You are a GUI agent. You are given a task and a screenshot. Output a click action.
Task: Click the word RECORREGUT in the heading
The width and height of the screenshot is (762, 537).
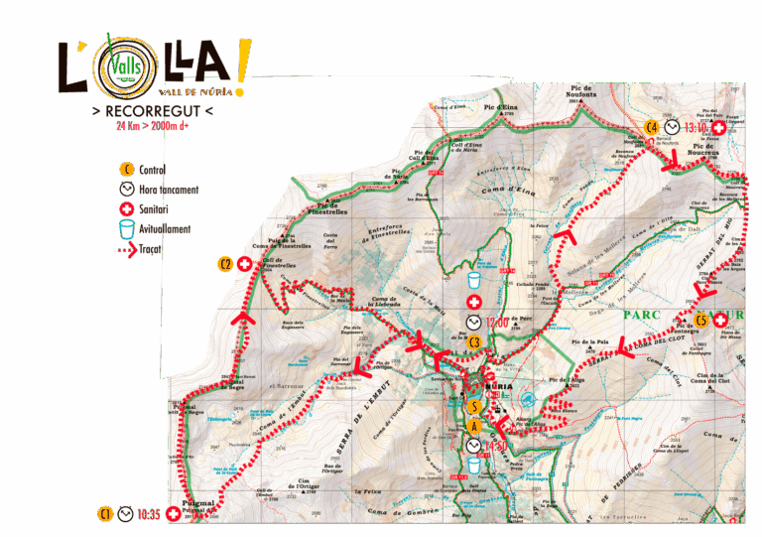click(x=151, y=110)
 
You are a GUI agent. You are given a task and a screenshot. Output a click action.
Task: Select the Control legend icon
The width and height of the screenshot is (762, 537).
click(x=126, y=170)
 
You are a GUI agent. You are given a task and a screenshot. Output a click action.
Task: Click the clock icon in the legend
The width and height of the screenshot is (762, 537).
click(x=126, y=190)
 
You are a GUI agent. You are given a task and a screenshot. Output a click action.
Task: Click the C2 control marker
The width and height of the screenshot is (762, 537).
click(x=225, y=264)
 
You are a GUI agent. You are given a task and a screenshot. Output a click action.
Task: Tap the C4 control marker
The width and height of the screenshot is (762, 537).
click(x=652, y=127)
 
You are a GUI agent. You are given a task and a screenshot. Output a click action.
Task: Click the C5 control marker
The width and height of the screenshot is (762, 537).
click(x=700, y=320)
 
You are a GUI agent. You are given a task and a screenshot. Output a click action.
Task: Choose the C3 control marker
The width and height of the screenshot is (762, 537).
click(x=475, y=343)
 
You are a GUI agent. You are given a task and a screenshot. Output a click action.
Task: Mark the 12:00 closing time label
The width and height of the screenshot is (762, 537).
click(x=496, y=322)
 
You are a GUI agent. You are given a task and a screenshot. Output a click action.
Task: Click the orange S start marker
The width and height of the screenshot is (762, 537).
click(x=475, y=405)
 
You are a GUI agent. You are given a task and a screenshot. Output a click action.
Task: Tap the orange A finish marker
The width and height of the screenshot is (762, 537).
click(x=475, y=426)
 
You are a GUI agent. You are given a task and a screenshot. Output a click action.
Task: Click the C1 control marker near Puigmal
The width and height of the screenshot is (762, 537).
click(x=105, y=514)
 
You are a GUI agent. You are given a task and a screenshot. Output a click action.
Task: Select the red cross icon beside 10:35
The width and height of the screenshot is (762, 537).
click(x=175, y=514)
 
